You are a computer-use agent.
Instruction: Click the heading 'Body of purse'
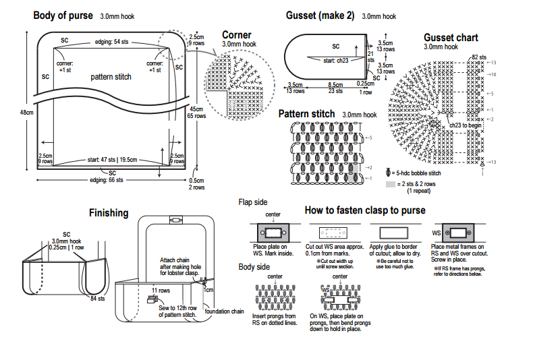point(63,14)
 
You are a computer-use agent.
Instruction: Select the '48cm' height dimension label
point(26,113)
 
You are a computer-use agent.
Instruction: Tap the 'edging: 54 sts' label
point(111,42)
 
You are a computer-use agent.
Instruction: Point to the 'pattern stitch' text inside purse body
point(111,77)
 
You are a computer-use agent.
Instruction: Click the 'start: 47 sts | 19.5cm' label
point(109,160)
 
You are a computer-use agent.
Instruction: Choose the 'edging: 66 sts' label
point(107,180)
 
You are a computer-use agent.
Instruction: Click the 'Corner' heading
point(236,35)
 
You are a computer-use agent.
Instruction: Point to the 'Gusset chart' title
point(451,37)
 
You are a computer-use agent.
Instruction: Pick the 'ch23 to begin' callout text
point(466,125)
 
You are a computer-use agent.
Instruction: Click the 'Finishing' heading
point(109,213)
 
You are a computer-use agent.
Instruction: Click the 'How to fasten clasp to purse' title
point(365,210)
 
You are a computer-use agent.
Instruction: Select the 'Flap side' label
point(253,202)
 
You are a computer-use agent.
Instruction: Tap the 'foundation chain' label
point(223,311)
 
